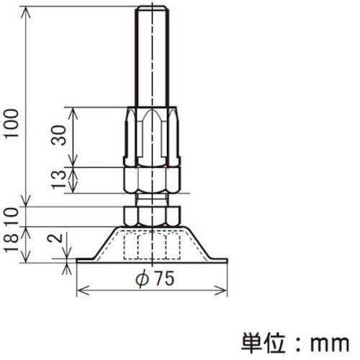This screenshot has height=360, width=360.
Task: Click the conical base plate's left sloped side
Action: (x=101, y=243)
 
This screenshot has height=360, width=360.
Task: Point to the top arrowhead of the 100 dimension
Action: (x=27, y=9)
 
